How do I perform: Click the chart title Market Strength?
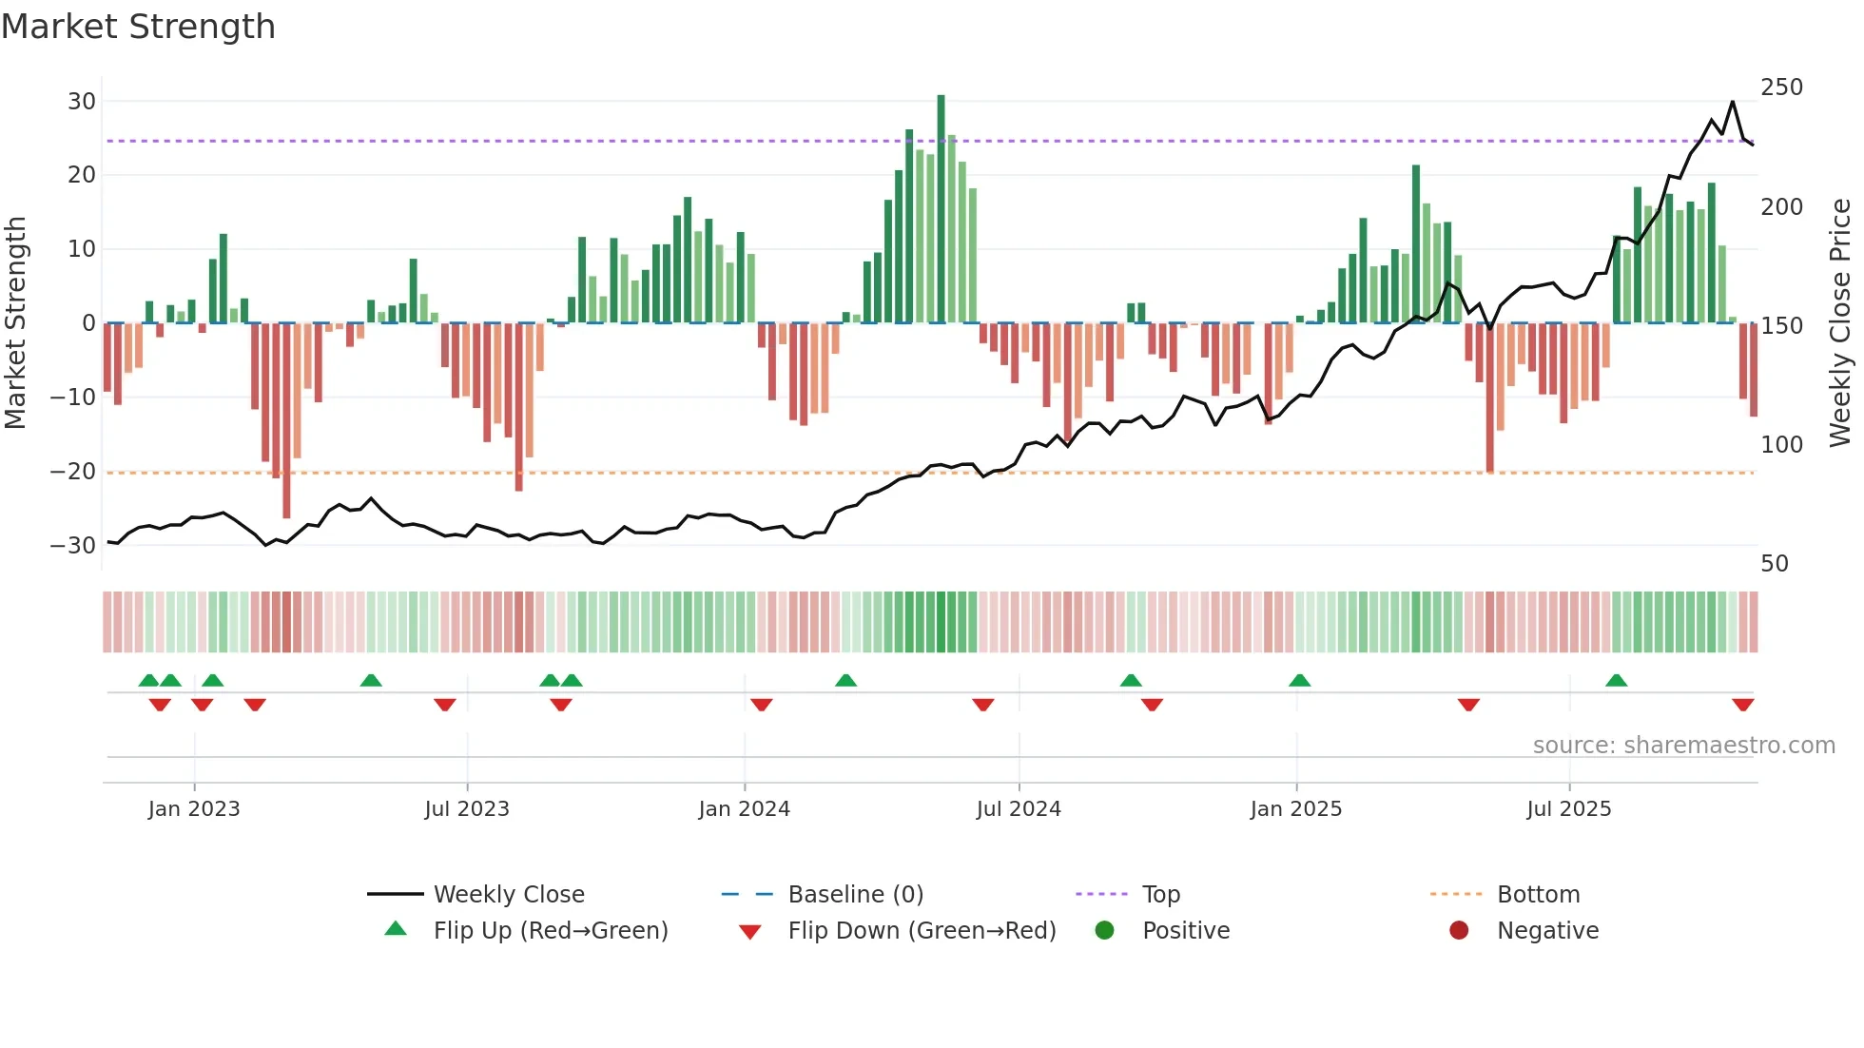coord(138,27)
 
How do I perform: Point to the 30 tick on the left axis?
coord(82,102)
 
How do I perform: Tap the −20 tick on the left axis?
coord(73,472)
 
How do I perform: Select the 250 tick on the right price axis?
coord(1781,87)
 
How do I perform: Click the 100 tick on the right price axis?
coord(1781,444)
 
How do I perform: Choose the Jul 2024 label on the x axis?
coord(1018,809)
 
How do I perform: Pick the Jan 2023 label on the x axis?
coord(194,809)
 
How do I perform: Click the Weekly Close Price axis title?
coord(1840,323)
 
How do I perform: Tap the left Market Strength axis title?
coord(16,323)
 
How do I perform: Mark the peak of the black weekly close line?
coord(1732,102)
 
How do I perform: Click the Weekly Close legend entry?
coord(508,895)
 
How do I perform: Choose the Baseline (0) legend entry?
coord(855,895)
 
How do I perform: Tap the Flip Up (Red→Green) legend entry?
coord(550,931)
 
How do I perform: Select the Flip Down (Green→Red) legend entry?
coord(921,931)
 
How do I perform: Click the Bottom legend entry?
coord(1537,895)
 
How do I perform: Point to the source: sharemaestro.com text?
coord(1683,746)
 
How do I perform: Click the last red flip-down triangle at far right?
coord(1742,705)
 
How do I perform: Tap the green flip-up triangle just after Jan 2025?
coord(1299,680)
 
